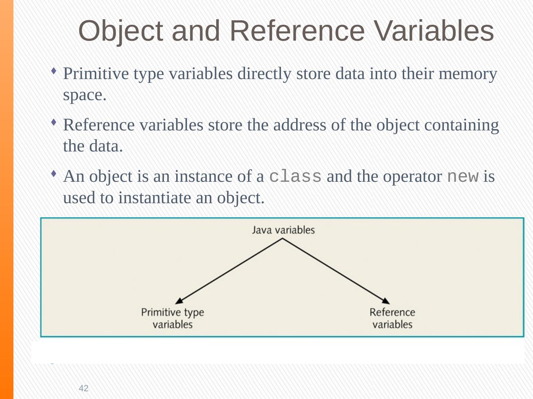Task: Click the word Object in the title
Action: tap(120, 31)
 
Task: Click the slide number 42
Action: tap(84, 388)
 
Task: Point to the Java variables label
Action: tap(283, 230)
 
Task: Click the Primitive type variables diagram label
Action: tap(172, 318)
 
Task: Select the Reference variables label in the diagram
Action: tap(392, 318)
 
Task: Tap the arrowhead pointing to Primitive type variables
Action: tap(179, 301)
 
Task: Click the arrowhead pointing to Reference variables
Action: tap(386, 301)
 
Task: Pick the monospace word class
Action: tap(295, 177)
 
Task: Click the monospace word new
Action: tap(463, 177)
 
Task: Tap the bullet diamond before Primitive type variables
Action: tap(54, 70)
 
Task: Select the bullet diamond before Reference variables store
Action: tap(54, 122)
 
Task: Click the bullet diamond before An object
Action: tap(54, 173)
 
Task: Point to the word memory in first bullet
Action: tap(467, 74)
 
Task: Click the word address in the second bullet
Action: tap(300, 125)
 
